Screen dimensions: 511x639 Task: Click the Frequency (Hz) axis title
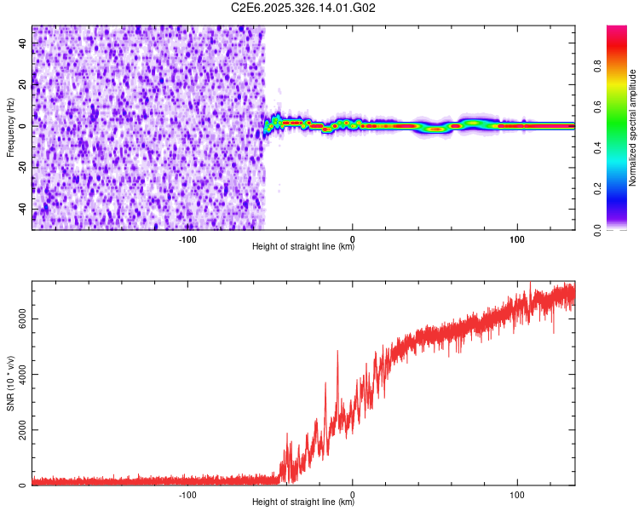[x=10, y=127]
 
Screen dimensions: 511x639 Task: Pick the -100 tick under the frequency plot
[x=188, y=238]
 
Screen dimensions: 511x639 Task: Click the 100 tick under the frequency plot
[x=516, y=238]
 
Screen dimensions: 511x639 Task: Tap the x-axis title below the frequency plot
[x=303, y=247]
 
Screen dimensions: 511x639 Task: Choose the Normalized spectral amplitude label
[x=633, y=127]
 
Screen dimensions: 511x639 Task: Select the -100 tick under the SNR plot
[x=188, y=494]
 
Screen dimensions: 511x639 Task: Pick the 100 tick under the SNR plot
[x=516, y=494]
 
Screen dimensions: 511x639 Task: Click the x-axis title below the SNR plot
[x=303, y=502]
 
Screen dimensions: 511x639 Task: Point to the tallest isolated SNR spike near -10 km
[x=337, y=352]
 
